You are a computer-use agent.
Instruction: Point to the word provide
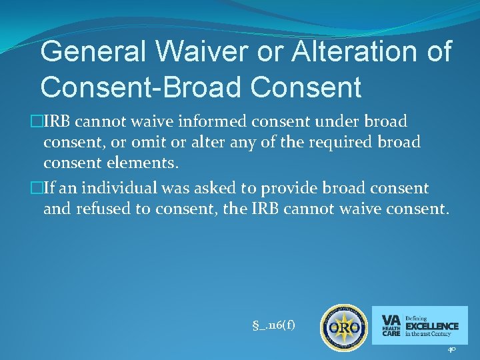tap(266, 189)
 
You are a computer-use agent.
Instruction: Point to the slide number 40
tap(452, 349)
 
